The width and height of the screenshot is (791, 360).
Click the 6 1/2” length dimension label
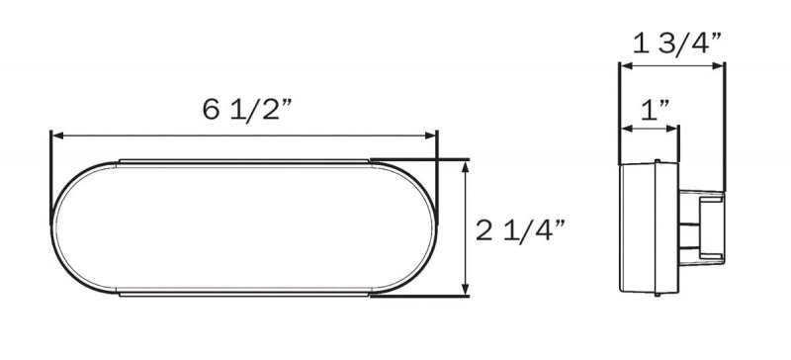247,110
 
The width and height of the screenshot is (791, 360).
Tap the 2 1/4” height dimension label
521,230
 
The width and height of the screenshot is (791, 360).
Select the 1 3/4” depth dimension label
677,43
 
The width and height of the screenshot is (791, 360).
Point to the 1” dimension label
655,110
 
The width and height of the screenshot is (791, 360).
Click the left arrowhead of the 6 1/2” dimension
58,135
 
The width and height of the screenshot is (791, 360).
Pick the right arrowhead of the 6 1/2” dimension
431,135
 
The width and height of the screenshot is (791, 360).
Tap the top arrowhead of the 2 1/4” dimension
465,166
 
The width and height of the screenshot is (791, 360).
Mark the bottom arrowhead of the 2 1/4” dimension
465,290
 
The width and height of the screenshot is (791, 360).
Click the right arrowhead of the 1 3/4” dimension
718,65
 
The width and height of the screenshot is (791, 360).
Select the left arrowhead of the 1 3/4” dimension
627,65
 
